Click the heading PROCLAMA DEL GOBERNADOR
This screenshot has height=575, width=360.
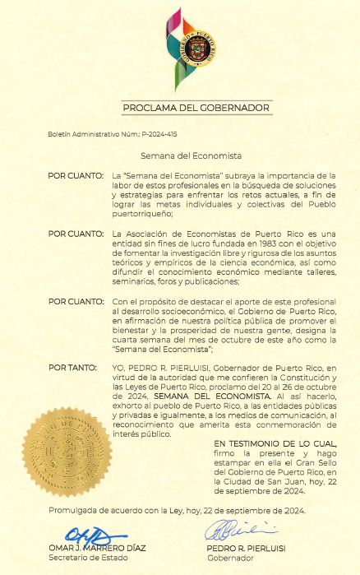click(196, 108)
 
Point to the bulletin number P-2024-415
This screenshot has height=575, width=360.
click(159, 132)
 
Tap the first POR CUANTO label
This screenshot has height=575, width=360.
click(76, 176)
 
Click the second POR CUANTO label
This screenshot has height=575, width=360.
click(76, 234)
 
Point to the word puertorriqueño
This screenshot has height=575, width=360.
click(141, 213)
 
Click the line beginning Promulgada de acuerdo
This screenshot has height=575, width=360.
click(177, 511)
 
